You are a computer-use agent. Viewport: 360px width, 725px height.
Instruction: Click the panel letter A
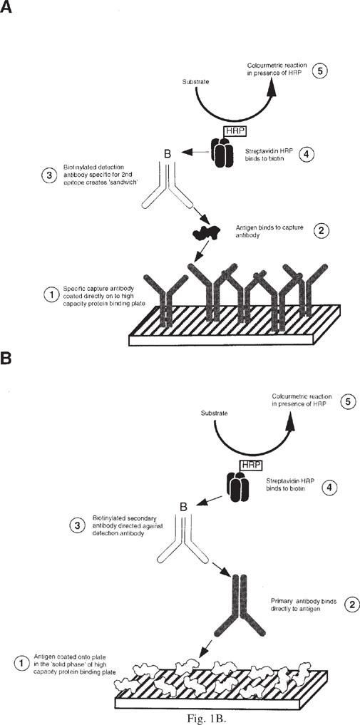click(x=5, y=7)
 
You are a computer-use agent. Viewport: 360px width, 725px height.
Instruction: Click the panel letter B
click(x=5, y=359)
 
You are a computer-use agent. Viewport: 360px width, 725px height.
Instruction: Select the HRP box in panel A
click(x=234, y=132)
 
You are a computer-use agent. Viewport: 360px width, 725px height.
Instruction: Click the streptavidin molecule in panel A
click(x=222, y=150)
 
